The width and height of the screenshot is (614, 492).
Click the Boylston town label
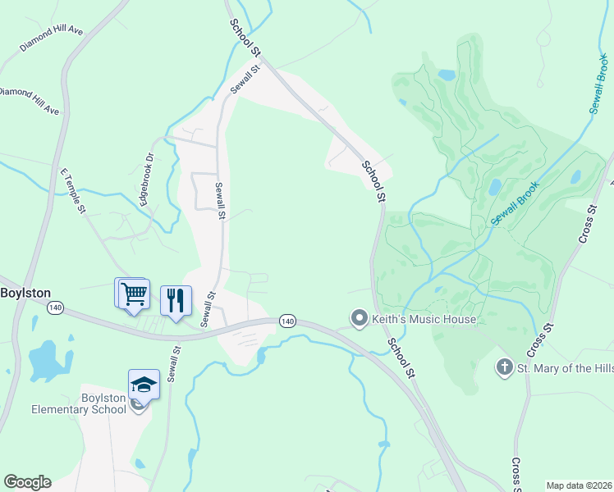25,293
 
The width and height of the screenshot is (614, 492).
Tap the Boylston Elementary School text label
79,403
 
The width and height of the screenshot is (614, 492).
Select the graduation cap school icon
144,384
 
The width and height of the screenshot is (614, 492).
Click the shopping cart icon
134,294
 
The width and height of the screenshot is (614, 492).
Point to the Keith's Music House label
424,318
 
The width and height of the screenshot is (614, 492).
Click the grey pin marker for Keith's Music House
359,318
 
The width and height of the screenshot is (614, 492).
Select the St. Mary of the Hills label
565,368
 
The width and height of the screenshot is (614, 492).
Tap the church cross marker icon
504,368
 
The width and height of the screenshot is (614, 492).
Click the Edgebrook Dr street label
147,179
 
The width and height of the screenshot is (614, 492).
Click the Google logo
27,482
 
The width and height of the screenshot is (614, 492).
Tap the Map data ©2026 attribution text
578,485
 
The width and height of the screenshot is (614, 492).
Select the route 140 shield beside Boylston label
55,307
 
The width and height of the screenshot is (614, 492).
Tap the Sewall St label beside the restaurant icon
208,307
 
